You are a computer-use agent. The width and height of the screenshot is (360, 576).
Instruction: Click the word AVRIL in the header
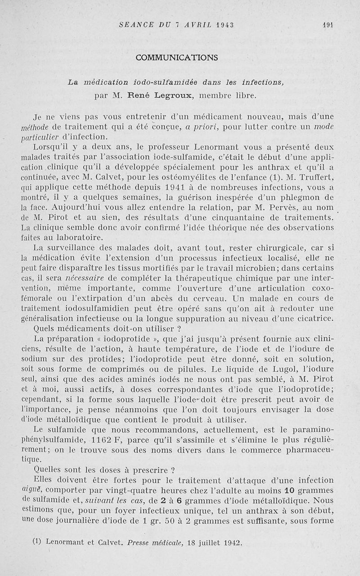[180, 25]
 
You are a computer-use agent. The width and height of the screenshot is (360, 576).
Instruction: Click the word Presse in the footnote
[140, 542]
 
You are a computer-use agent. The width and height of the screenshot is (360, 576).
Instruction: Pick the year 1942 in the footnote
[232, 542]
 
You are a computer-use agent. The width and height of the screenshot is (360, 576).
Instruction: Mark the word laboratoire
[81, 237]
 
